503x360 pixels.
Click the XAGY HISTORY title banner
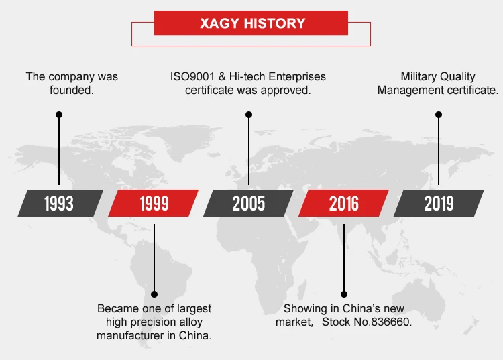[251, 23]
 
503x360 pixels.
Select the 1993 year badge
[60, 203]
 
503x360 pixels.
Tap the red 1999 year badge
[154, 203]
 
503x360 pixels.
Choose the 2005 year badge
[248, 203]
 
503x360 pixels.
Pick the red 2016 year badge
[343, 203]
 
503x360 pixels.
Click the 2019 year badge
[439, 203]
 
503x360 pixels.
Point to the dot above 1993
[59, 115]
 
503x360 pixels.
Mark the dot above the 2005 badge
[249, 115]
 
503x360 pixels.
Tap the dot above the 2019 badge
[439, 115]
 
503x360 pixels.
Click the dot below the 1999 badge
[154, 294]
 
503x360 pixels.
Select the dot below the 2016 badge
[344, 294]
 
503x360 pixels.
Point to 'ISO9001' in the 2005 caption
[192, 76]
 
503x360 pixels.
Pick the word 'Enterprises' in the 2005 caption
[297, 76]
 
